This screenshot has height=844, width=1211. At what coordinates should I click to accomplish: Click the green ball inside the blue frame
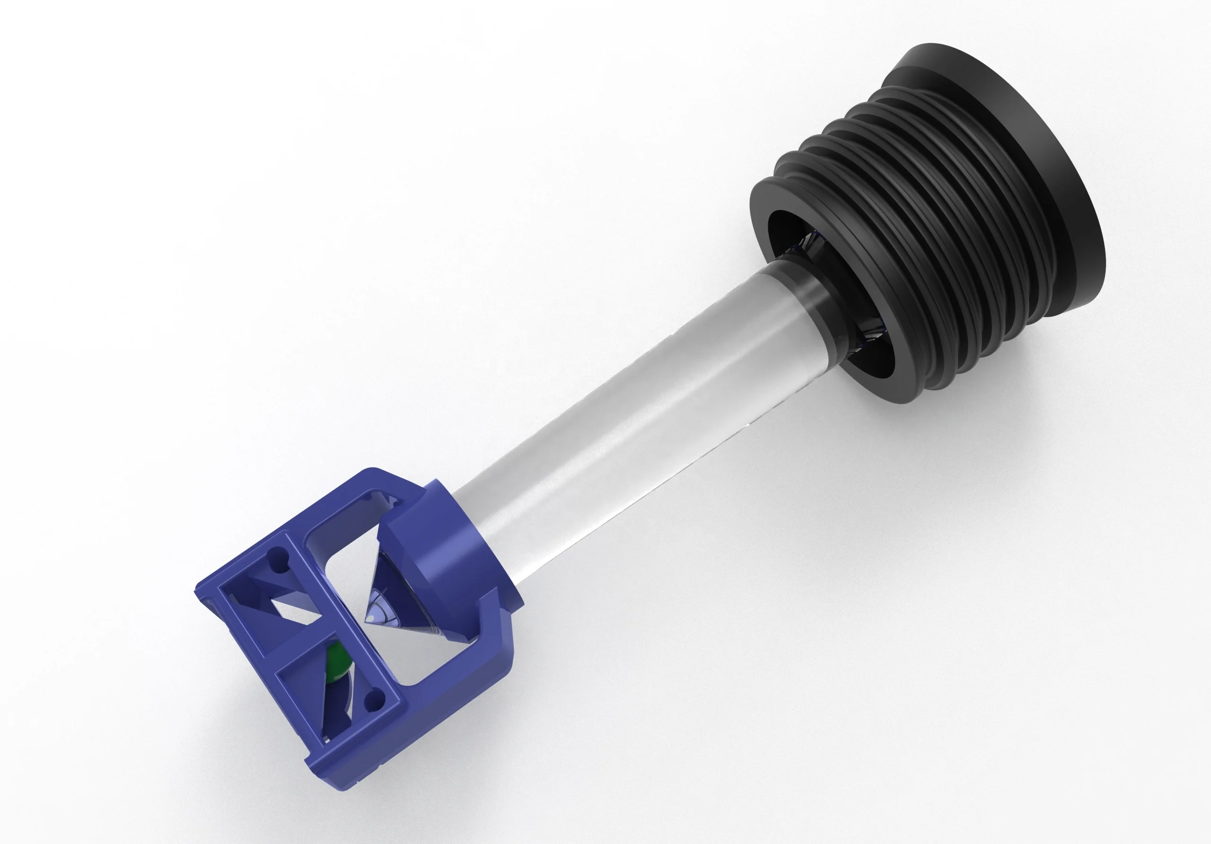point(336,666)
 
